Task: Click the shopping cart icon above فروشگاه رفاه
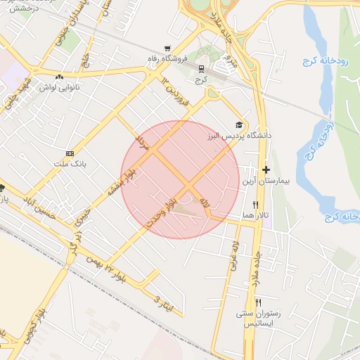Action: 167,49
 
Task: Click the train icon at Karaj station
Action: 202,69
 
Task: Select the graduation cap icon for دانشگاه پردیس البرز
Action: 241,125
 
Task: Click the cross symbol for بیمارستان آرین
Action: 266,169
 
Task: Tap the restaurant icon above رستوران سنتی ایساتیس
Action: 259,302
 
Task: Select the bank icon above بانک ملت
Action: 70,153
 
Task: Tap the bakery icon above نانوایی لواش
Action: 60,77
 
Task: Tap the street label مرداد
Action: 143,139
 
